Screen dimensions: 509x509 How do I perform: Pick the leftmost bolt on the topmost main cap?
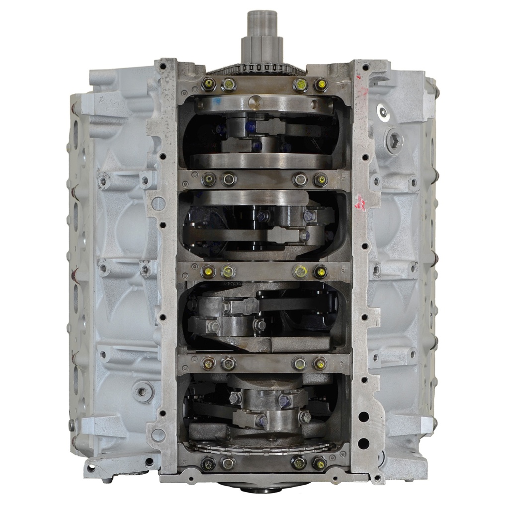click(x=209, y=85)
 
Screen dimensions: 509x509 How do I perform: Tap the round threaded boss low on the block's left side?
click(x=142, y=391)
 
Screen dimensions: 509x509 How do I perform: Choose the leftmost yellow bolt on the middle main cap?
click(x=209, y=271)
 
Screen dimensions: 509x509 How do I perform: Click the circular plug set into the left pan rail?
click(x=158, y=203)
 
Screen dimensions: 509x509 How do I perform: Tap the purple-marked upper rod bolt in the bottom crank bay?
click(x=284, y=400)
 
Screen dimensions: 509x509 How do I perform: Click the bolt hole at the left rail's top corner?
click(x=164, y=65)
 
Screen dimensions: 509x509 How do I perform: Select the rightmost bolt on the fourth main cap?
click(x=320, y=363)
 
